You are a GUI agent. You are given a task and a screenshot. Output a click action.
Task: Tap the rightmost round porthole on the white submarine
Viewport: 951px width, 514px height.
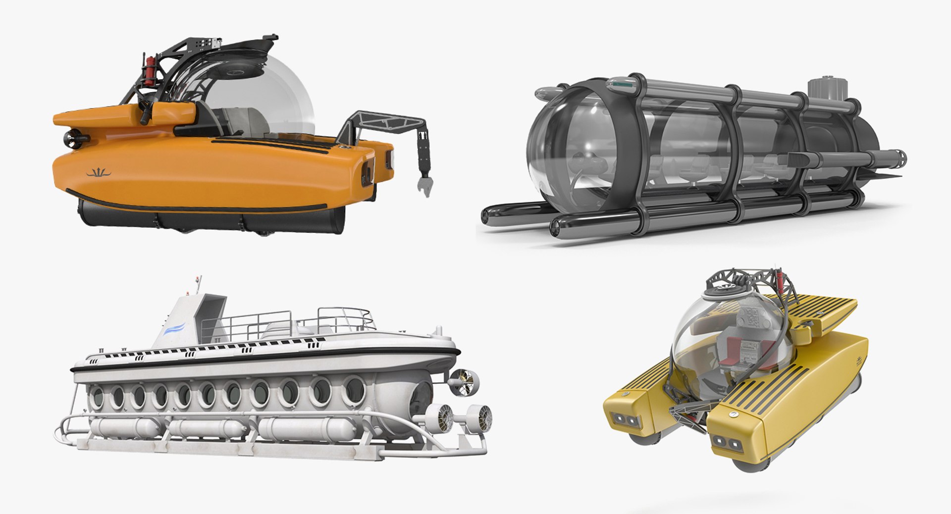point(354,389)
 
